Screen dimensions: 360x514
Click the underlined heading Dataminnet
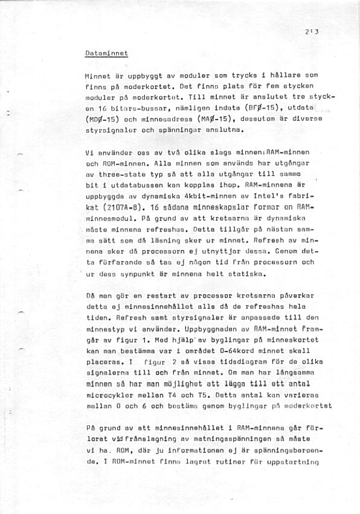[x=105, y=53]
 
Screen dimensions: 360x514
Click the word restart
[x=142, y=296]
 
